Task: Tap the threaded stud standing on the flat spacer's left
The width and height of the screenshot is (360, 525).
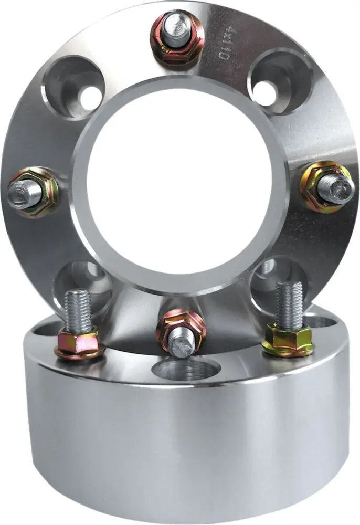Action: (77, 310)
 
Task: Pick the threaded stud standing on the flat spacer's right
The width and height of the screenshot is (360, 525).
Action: (289, 303)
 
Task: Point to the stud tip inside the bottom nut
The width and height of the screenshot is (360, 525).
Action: (182, 343)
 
